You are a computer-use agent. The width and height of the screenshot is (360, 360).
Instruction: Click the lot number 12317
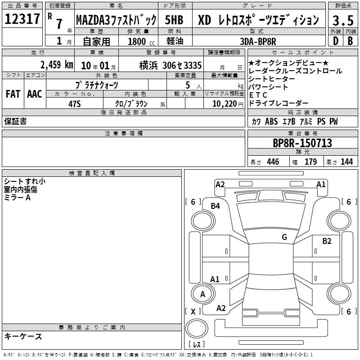(22, 19)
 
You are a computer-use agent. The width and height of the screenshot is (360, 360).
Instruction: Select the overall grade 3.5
(343, 21)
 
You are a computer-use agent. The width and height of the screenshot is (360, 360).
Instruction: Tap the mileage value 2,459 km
(57, 65)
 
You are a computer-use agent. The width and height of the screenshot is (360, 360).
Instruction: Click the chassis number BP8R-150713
(302, 143)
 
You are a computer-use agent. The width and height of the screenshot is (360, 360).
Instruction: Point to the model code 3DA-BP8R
(258, 41)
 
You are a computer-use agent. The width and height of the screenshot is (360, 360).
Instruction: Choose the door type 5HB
(174, 20)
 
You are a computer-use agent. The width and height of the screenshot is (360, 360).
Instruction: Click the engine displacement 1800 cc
(141, 41)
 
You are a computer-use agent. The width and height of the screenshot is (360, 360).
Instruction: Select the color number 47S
(75, 104)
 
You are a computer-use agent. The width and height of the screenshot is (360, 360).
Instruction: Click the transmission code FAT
(13, 94)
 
